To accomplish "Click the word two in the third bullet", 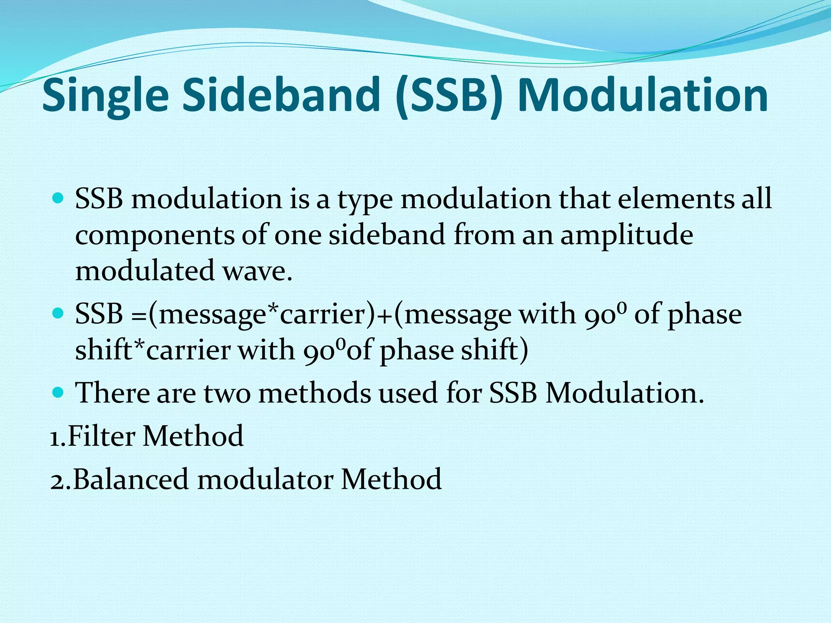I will coord(227,393).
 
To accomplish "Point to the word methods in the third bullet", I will coord(314,393).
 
